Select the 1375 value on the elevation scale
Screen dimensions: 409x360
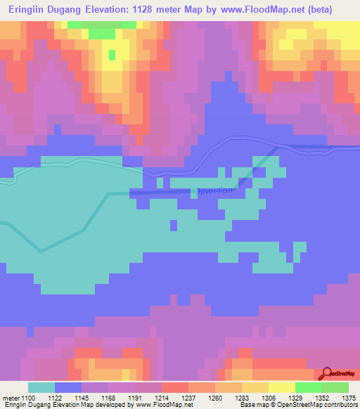pos(349,398)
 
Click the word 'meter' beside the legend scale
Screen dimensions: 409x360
pos(11,398)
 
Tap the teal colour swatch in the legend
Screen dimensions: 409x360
pos(41,387)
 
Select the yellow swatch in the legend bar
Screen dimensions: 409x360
pos(282,387)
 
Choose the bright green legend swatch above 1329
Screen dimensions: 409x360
pos(309,387)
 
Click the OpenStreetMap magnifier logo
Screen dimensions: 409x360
pos(327,375)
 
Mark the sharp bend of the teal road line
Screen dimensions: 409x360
pos(41,250)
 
